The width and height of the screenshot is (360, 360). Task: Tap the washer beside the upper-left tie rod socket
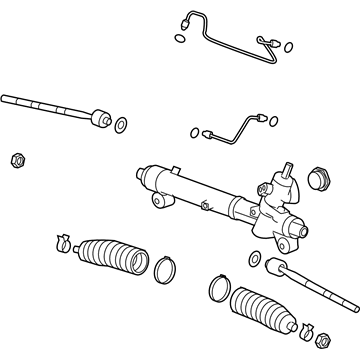pos(120,125)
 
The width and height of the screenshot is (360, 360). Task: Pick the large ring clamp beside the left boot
pos(165,267)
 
